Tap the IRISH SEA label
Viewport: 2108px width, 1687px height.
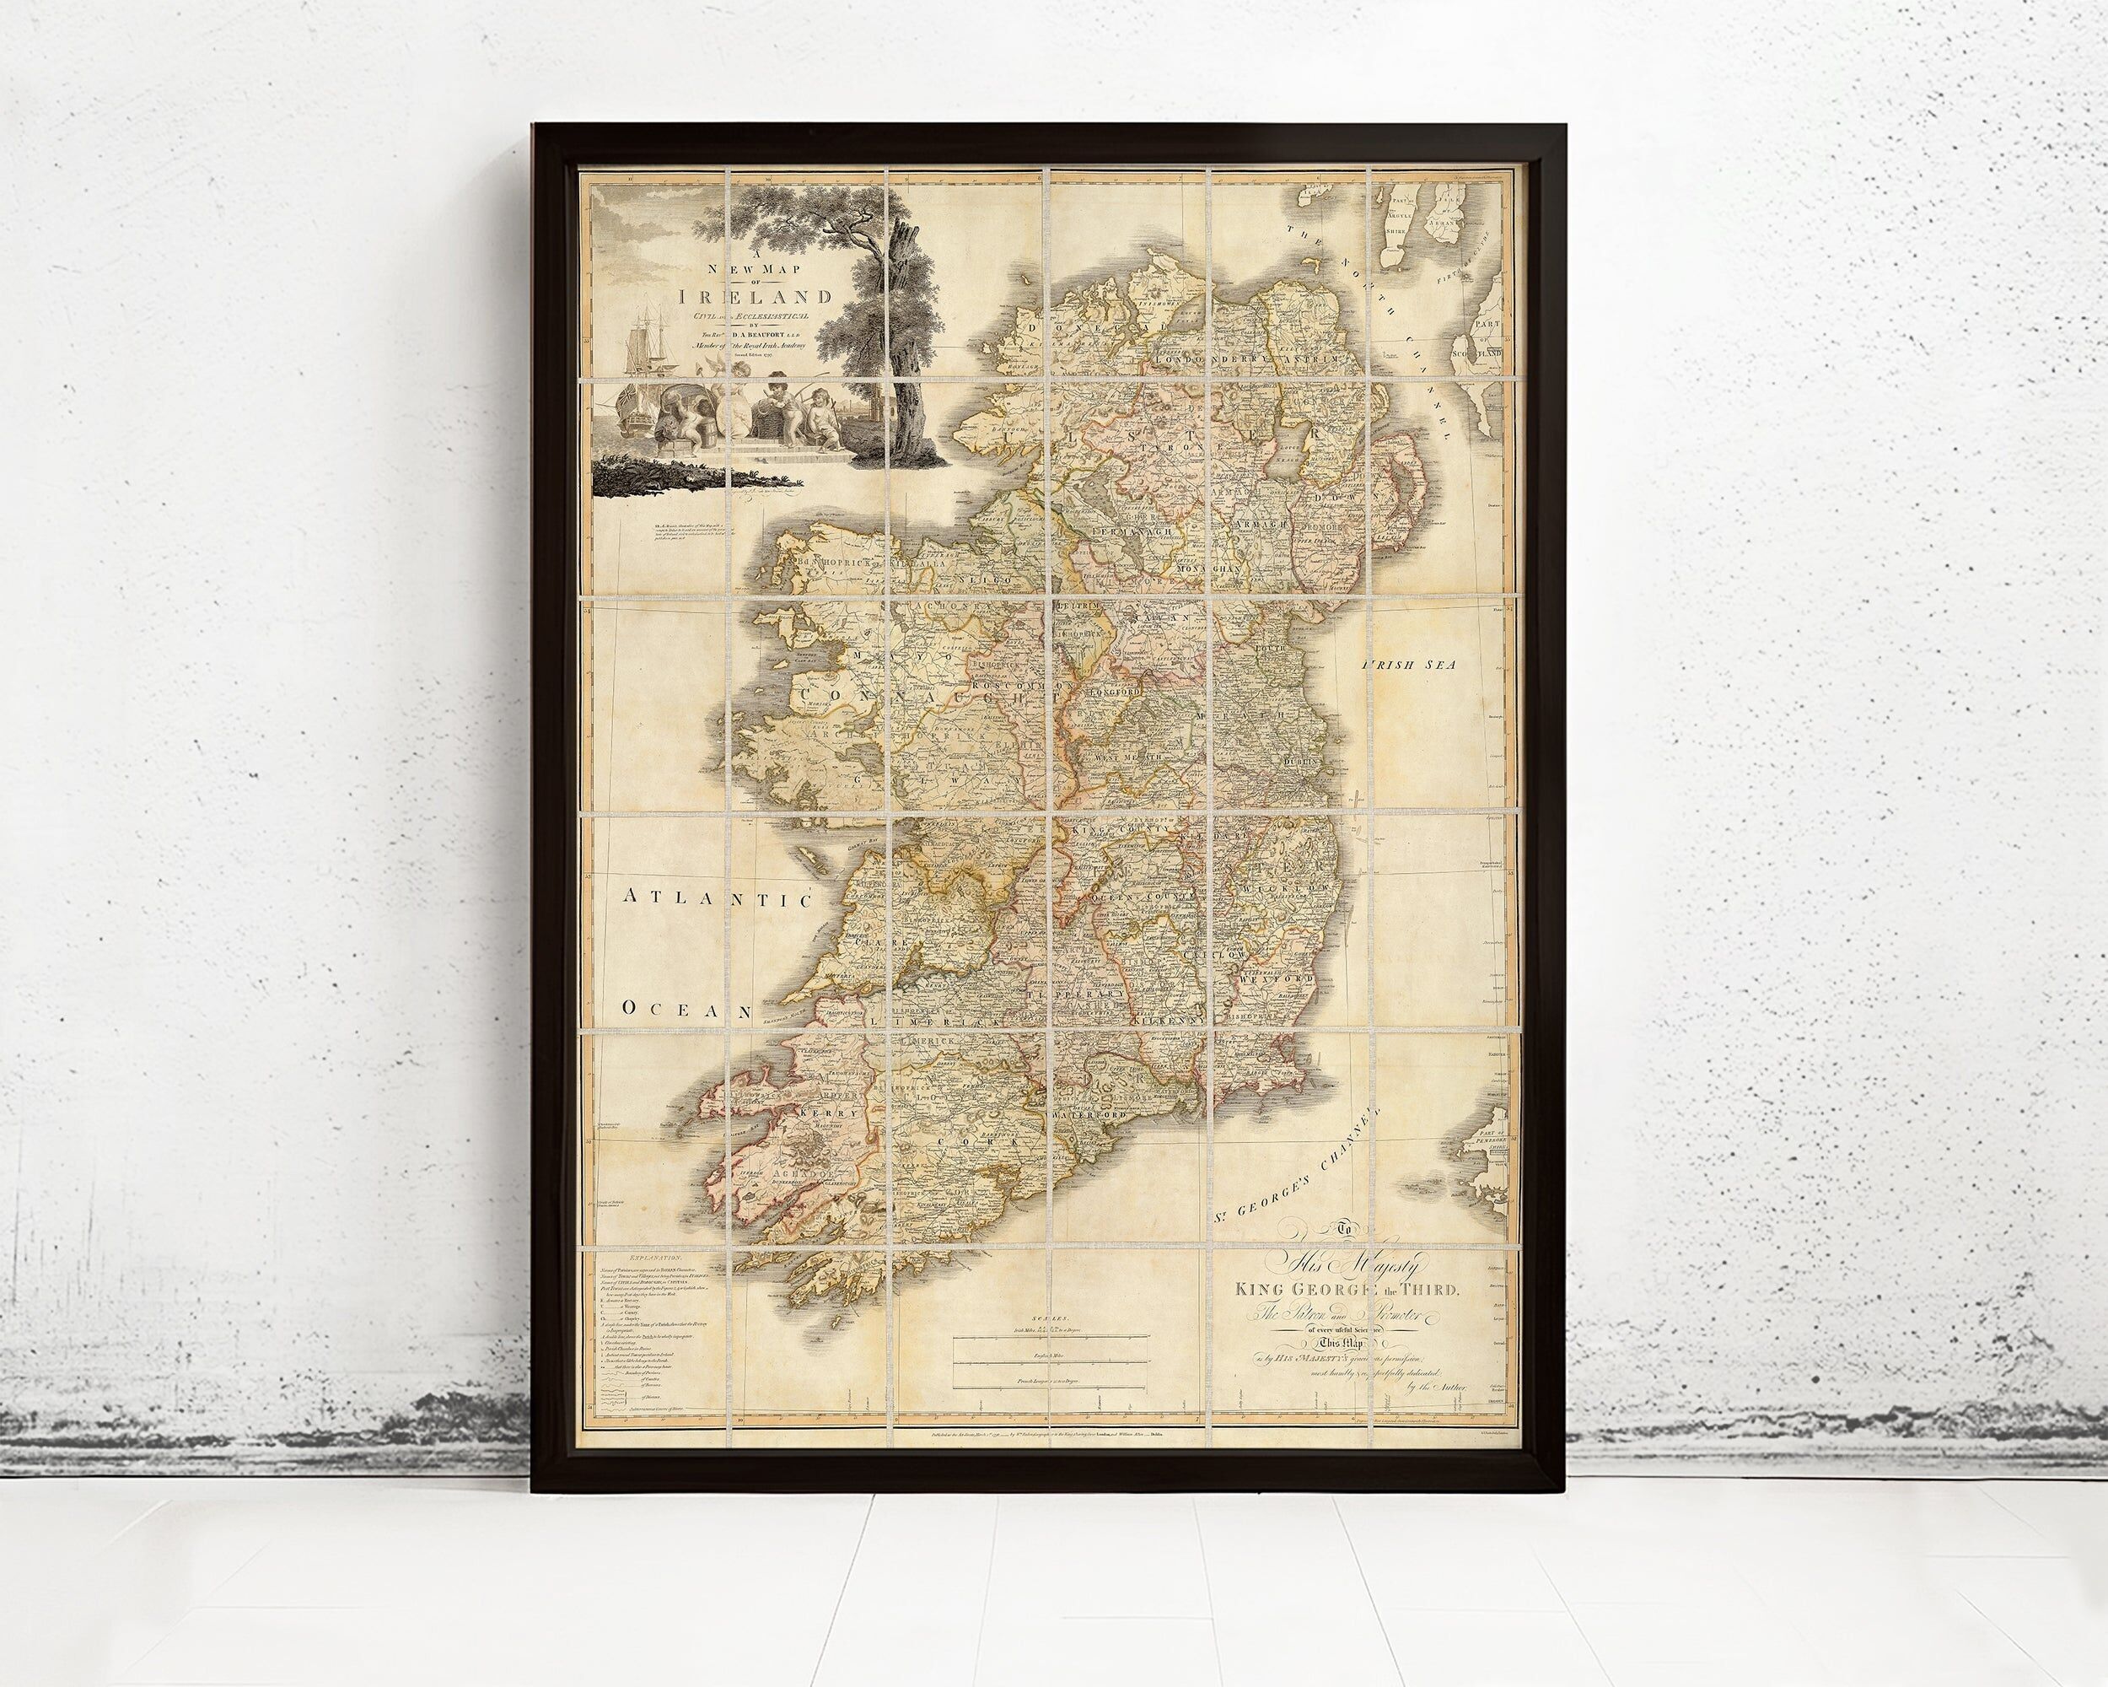click(1409, 665)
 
